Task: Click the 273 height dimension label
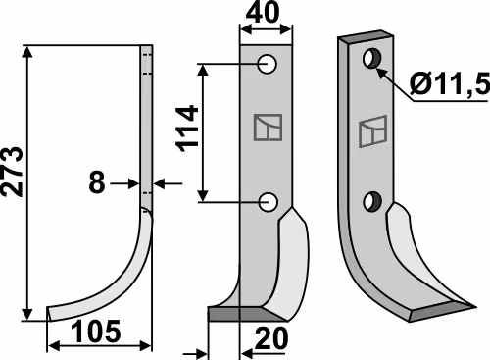tap(13, 172)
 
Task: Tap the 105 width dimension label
tap(96, 332)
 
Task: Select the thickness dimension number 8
tap(97, 182)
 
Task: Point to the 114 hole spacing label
tap(187, 129)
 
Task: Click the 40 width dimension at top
tap(263, 13)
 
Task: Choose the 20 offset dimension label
tap(271, 338)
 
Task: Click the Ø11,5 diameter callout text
tap(450, 82)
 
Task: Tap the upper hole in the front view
tap(267, 64)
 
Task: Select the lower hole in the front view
tap(268, 202)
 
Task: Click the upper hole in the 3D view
tap(372, 59)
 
